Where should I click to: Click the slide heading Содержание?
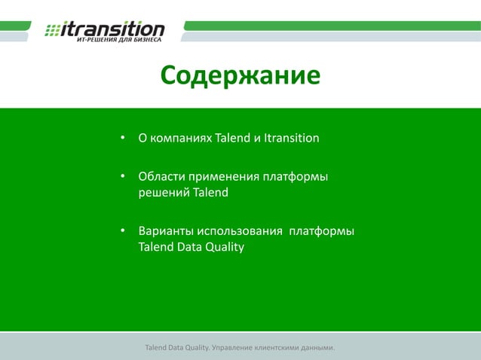pyautogui.click(x=240, y=76)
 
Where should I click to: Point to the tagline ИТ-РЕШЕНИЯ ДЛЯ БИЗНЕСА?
pyautogui.click(x=119, y=40)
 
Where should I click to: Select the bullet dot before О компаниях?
pyautogui.click(x=121, y=139)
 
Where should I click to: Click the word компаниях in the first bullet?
pyautogui.click(x=181, y=139)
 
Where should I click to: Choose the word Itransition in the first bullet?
pyautogui.click(x=292, y=139)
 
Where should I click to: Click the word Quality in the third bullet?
pyautogui.click(x=223, y=246)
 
